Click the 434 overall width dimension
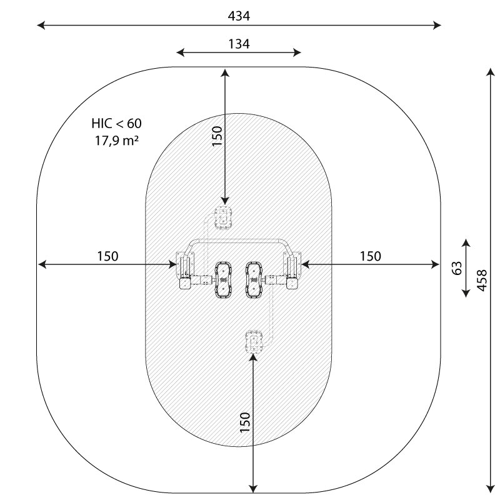tap(239, 16)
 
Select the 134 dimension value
tap(239, 44)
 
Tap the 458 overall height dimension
tap(481, 280)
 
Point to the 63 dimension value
tap(457, 268)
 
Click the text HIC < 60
tap(116, 123)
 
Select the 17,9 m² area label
tap(117, 140)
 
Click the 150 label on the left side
tap(107, 256)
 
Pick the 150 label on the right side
tap(370, 256)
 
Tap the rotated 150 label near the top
tap(217, 136)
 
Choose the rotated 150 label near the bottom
tap(245, 422)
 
